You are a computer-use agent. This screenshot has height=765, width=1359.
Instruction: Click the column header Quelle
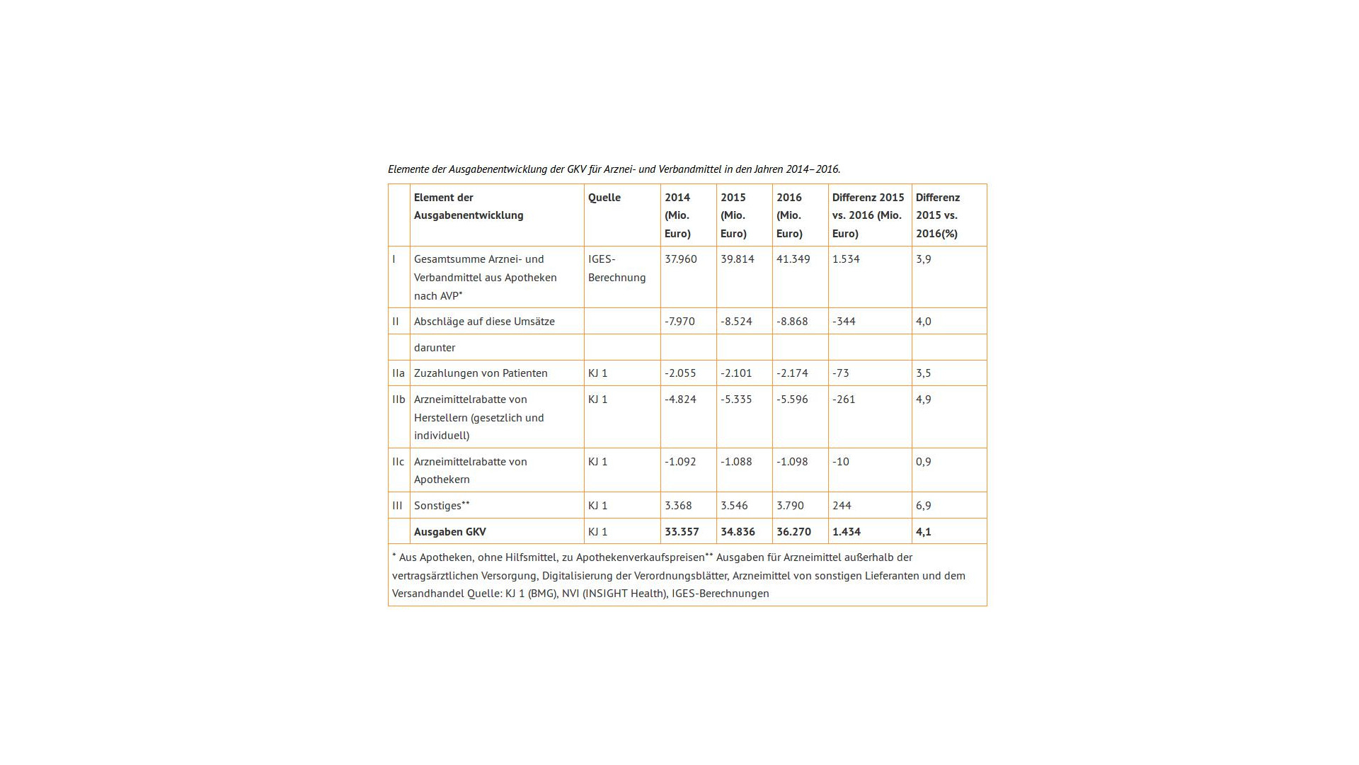click(x=604, y=198)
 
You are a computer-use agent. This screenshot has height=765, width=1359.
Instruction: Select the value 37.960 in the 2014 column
click(x=680, y=259)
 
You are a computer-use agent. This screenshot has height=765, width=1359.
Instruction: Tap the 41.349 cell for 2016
click(x=792, y=259)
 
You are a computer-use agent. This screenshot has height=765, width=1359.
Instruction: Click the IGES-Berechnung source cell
click(x=617, y=268)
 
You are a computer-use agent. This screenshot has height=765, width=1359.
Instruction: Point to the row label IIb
click(x=398, y=399)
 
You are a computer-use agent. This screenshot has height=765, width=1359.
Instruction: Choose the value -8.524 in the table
click(x=736, y=322)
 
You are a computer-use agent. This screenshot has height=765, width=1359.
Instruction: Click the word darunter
click(x=435, y=348)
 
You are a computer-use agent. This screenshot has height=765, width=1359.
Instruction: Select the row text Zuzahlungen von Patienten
click(x=481, y=373)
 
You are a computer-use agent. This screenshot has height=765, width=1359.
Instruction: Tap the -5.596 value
click(x=792, y=399)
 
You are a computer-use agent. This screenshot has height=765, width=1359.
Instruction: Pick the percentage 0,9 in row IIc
click(x=923, y=462)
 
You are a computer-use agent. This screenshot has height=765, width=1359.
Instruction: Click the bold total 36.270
click(x=793, y=532)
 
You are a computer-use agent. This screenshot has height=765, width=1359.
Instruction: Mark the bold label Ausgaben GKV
click(x=450, y=532)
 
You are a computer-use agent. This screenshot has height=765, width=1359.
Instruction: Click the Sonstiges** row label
click(x=442, y=506)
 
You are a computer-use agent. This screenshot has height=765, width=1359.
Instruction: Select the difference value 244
click(x=842, y=506)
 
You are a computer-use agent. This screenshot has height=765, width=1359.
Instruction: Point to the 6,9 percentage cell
click(x=923, y=506)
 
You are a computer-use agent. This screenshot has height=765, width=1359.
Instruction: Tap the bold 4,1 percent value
click(x=923, y=532)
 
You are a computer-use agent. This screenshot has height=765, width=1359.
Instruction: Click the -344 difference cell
click(x=844, y=322)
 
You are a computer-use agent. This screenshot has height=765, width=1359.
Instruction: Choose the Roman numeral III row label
click(x=397, y=506)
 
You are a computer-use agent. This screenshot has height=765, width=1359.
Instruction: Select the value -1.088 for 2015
click(x=736, y=462)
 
